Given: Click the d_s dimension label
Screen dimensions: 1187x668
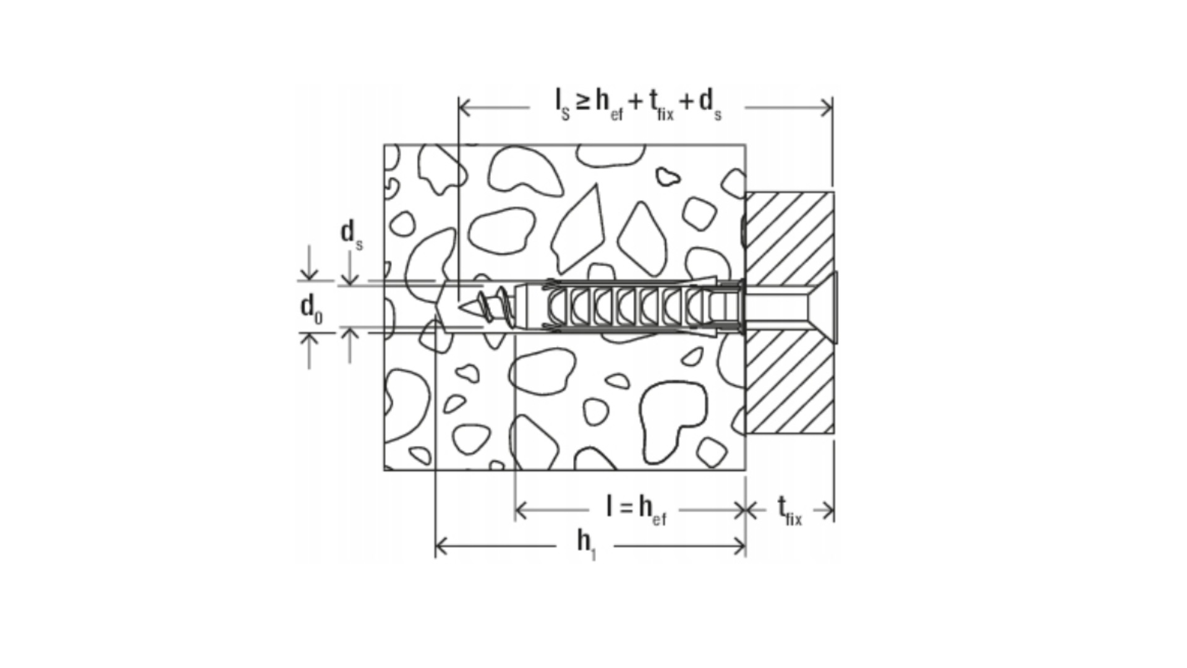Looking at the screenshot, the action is [x=352, y=236].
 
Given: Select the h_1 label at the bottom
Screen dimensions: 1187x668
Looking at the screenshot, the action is [x=586, y=544].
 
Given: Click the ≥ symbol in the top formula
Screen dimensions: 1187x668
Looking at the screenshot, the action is [x=582, y=102].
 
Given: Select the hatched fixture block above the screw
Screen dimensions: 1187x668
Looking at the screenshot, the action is [x=789, y=238].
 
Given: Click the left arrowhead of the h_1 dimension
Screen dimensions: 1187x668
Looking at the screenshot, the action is [x=441, y=546].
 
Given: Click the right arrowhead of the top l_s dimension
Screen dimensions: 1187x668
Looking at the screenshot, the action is [x=826, y=108].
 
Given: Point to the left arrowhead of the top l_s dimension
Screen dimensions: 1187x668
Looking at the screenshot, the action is [x=465, y=108].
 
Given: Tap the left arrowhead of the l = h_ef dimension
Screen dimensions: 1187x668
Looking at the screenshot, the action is [x=521, y=510].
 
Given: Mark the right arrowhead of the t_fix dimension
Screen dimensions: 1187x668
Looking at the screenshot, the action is [x=828, y=510].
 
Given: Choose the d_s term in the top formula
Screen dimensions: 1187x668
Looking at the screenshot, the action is [x=710, y=104].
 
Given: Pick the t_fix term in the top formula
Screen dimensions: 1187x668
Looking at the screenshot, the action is [x=662, y=104].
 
